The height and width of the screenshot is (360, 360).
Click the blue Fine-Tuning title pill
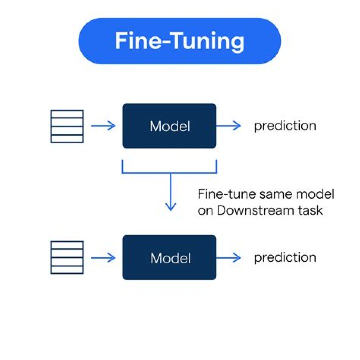point(180,41)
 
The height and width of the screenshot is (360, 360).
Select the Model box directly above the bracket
point(169,126)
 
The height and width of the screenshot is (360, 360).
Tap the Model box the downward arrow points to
point(169,258)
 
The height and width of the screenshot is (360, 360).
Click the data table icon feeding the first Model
point(67,126)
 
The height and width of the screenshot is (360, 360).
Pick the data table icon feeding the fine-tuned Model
point(67,258)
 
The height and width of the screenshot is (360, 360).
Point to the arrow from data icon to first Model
point(103,126)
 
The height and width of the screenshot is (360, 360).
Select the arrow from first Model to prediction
point(229,126)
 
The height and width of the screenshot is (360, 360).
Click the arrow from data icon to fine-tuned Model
point(103,258)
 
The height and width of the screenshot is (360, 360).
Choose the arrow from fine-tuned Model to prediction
point(229,258)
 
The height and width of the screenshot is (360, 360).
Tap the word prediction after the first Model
point(285,126)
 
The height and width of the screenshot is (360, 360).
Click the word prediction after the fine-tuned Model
point(285,258)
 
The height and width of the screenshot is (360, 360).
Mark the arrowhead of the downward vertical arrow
point(171,207)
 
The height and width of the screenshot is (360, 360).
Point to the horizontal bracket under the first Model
point(169,172)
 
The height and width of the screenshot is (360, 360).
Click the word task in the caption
point(311,210)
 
